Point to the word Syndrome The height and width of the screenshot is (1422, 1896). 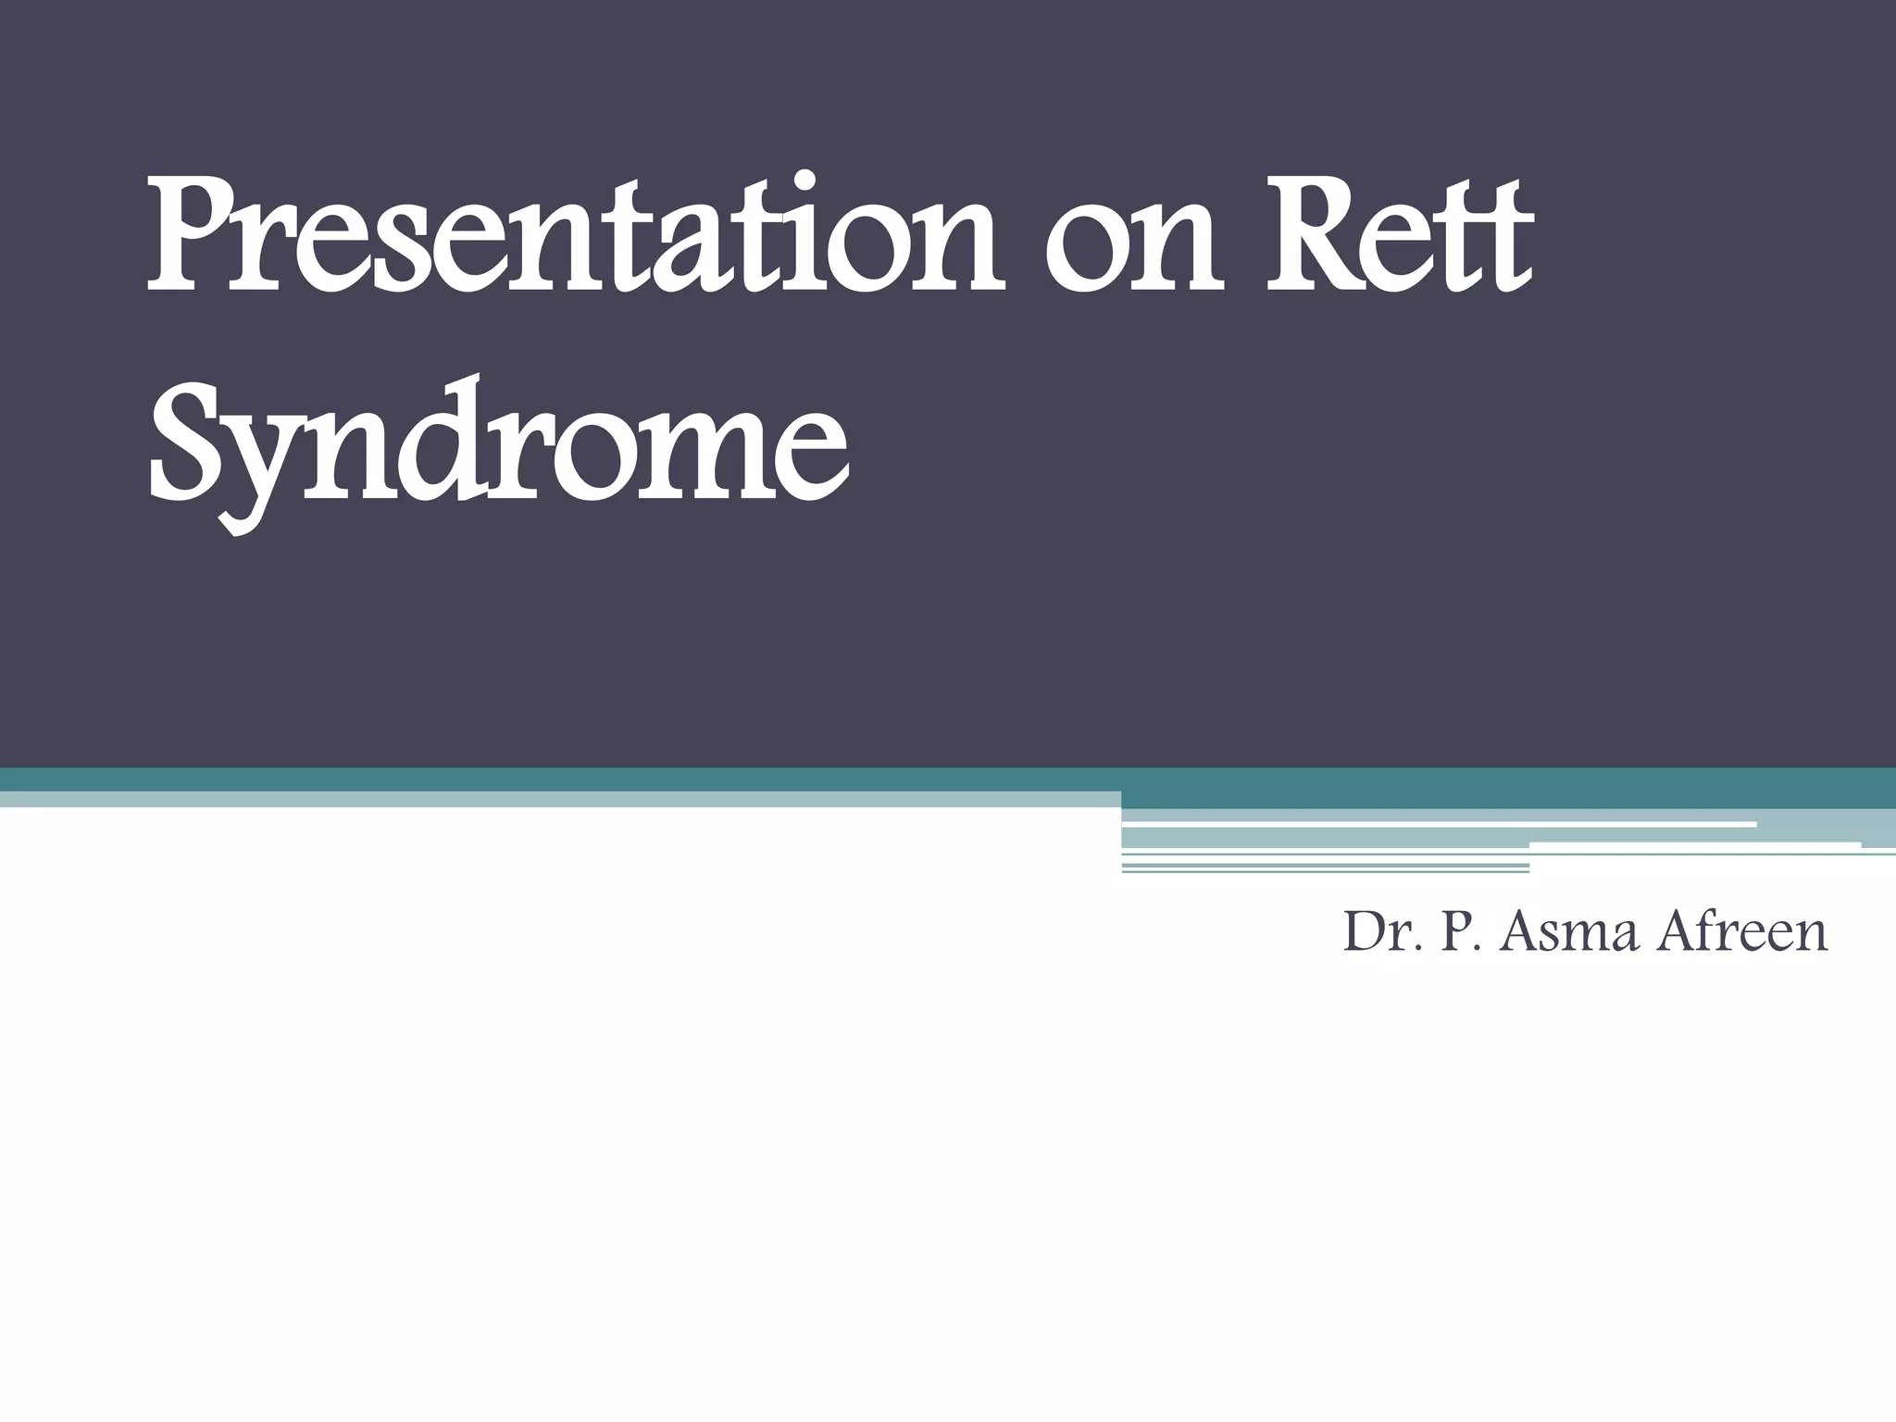(496, 449)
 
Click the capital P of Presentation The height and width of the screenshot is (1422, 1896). (190, 236)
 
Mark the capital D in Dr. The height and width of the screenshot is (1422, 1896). (1363, 931)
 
